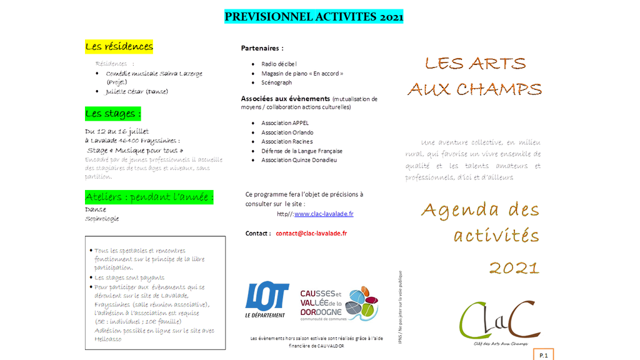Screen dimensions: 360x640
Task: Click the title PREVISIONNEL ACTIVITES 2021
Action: pyautogui.click(x=314, y=17)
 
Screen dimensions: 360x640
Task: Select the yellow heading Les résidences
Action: pyautogui.click(x=119, y=47)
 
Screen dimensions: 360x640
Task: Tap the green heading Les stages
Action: pyautogui.click(x=112, y=114)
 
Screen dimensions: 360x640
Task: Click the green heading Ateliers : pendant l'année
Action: pyautogui.click(x=149, y=197)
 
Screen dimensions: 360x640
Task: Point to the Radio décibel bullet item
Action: pyautogui.click(x=279, y=64)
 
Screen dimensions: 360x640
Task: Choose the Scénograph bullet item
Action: pyautogui.click(x=276, y=82)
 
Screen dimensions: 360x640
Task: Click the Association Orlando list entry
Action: pyautogui.click(x=287, y=132)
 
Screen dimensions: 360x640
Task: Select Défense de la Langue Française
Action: pyautogui.click(x=301, y=151)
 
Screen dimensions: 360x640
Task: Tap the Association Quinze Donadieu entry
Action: pyautogui.click(x=299, y=160)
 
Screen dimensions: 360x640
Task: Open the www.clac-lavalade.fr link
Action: pyautogui.click(x=324, y=214)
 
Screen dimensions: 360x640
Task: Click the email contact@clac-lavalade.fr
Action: pyautogui.click(x=311, y=233)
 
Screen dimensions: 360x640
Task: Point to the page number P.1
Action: pyautogui.click(x=542, y=355)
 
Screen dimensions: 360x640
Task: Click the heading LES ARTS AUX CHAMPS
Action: pyautogui.click(x=475, y=76)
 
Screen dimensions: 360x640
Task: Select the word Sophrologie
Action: pyautogui.click(x=102, y=219)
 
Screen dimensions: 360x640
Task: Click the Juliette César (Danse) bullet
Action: pyautogui.click(x=136, y=92)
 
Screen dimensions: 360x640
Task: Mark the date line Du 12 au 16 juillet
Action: pyautogui.click(x=117, y=131)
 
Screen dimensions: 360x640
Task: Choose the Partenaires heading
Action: pyautogui.click(x=262, y=48)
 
